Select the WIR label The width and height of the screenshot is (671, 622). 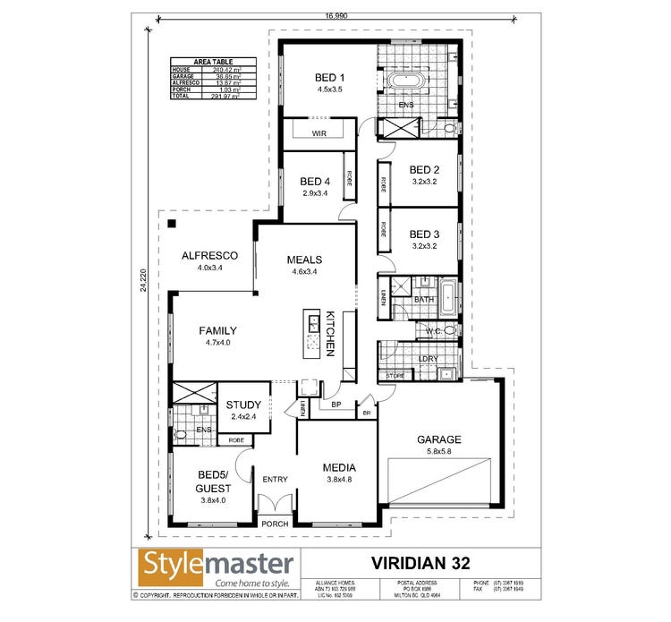[319, 133]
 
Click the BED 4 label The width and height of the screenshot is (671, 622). [315, 181]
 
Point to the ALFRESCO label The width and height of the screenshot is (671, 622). [209, 255]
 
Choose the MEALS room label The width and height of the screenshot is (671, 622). [304, 260]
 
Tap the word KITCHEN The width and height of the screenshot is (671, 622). [330, 335]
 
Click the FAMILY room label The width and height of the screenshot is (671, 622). [217, 330]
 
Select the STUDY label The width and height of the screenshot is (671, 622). [243, 405]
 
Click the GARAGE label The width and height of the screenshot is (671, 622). [438, 439]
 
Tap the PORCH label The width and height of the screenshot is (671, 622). [273, 523]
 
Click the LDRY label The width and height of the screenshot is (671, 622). [428, 359]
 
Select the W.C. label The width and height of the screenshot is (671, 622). [431, 331]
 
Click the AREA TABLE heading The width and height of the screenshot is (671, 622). [213, 62]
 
